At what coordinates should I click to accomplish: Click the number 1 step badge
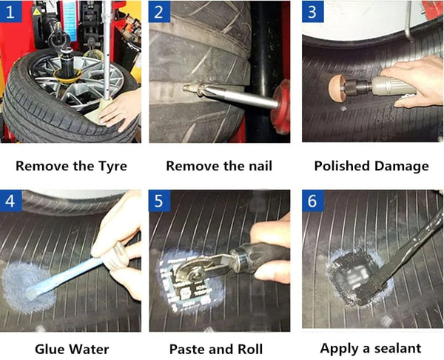(x=11, y=12)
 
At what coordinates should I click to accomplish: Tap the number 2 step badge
(x=159, y=12)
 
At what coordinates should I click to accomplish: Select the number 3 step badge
(x=312, y=12)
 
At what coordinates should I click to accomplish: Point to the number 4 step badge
(x=11, y=201)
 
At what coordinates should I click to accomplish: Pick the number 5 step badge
(x=159, y=201)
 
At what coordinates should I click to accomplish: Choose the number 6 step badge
(x=312, y=201)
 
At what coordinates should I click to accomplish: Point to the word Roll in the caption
(x=250, y=349)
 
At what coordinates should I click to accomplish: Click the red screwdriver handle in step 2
(x=281, y=107)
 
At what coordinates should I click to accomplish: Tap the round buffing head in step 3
(x=336, y=88)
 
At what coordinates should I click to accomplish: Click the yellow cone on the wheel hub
(x=68, y=76)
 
